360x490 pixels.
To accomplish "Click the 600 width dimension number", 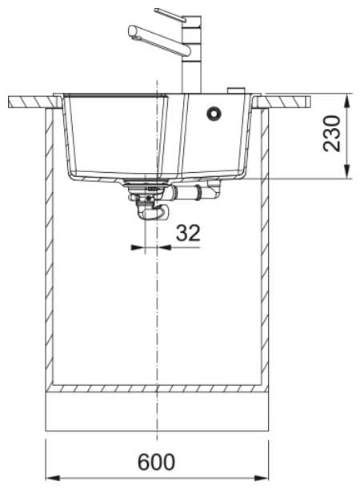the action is pos(157,462).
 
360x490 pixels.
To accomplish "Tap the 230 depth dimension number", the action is pos(332,134).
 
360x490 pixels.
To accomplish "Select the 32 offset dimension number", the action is pos(188,233).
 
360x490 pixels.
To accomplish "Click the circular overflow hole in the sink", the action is pos(214,113).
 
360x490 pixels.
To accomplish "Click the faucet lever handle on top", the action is pos(170,15).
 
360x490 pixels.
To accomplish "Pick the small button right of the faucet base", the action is pos(235,90).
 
